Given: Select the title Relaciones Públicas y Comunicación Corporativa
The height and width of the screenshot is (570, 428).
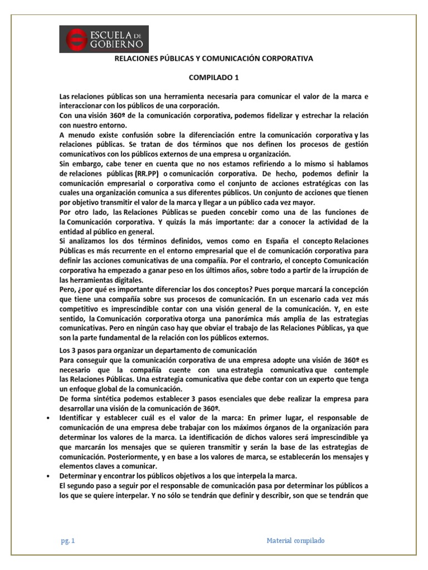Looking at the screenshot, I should click(x=214, y=58).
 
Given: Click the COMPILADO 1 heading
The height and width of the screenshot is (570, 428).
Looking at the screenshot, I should click(x=214, y=78).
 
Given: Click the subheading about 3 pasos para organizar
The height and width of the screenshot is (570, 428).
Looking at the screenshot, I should click(x=158, y=350).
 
